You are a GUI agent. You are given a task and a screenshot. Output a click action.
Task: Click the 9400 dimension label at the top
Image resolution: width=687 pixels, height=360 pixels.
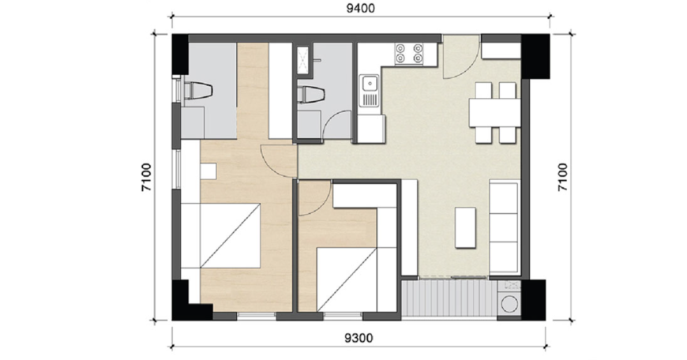pyautogui.click(x=361, y=9)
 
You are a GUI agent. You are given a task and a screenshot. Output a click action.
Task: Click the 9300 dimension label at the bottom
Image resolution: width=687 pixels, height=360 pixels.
pyautogui.click(x=359, y=338)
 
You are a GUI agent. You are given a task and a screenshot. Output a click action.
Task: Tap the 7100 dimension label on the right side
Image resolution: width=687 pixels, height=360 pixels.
pyautogui.click(x=562, y=177)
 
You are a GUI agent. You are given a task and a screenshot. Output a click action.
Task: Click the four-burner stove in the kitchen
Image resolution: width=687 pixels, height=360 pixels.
pyautogui.click(x=409, y=54)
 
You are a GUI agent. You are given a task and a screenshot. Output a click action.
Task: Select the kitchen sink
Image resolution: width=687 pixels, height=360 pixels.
pyautogui.click(x=369, y=91)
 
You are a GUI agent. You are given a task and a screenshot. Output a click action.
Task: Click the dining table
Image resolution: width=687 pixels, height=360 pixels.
pyautogui.click(x=494, y=113)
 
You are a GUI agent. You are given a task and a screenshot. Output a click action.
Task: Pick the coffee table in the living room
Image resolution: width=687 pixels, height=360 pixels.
pyautogui.click(x=465, y=227)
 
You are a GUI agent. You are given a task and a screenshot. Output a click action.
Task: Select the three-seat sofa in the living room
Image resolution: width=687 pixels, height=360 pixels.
pyautogui.click(x=505, y=227)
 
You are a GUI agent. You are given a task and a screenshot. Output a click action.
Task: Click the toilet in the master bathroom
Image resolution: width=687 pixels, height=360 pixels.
pyautogui.click(x=198, y=92)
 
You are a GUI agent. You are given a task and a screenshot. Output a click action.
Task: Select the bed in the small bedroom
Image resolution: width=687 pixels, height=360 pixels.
pyautogui.click(x=347, y=279)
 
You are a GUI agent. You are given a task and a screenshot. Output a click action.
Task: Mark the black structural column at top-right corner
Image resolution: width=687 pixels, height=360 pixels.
pyautogui.click(x=535, y=55)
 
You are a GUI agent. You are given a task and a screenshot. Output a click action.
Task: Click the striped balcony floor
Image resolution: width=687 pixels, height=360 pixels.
pyautogui.click(x=449, y=298)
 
